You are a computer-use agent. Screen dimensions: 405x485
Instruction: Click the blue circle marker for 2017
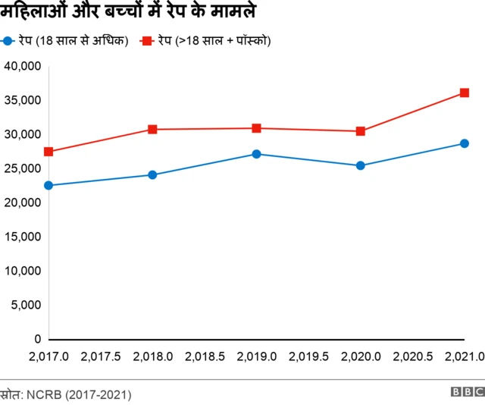48,185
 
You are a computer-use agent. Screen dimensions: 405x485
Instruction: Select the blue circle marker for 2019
257,154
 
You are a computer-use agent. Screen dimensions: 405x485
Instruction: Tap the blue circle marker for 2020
361,165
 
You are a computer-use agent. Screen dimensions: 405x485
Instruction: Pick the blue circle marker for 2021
465,143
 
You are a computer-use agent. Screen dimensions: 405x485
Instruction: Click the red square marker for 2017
48,152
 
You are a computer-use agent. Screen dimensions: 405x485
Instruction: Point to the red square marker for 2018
152,130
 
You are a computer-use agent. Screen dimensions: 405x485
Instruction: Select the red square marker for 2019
257,128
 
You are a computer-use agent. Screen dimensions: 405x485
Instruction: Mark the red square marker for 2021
465,93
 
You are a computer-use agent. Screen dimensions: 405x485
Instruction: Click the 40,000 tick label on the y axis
22,66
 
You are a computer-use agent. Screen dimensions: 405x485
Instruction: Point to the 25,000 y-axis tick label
22,168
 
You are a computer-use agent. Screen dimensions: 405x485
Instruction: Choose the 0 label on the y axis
37,339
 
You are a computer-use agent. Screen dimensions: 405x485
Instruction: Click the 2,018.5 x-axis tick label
205,356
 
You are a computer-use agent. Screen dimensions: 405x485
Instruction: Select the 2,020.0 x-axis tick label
361,356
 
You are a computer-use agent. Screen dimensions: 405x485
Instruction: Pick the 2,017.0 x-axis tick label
48,356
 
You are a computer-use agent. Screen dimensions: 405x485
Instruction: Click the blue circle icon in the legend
8,39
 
